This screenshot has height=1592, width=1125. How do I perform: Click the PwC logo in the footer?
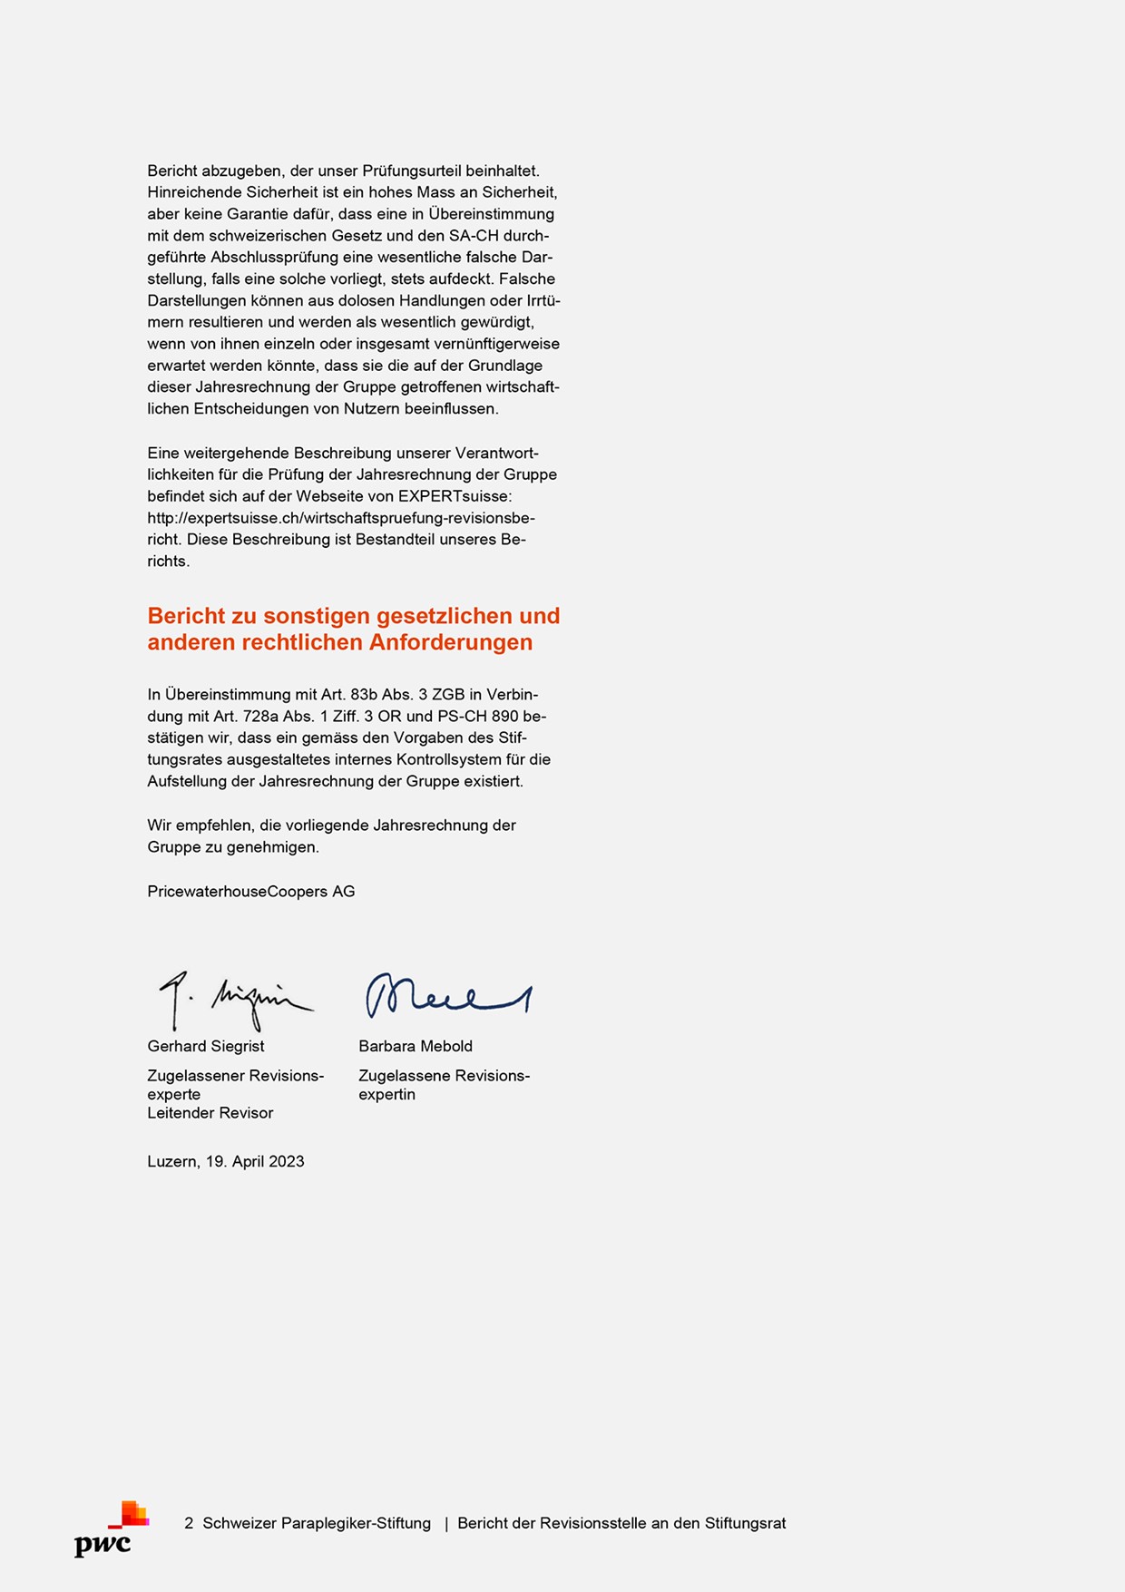(111, 1529)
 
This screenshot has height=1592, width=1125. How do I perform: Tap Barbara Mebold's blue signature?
(447, 996)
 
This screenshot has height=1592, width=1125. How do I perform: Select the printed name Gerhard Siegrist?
(206, 1046)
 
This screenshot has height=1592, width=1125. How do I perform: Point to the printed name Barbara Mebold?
(416, 1046)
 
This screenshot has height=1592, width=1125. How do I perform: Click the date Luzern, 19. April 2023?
(226, 1161)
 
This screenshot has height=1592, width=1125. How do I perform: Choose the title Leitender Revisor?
(210, 1113)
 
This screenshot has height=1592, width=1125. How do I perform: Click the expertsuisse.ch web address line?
(341, 518)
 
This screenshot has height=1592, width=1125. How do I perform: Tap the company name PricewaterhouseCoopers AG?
(251, 892)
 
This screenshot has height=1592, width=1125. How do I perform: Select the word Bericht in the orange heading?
(186, 616)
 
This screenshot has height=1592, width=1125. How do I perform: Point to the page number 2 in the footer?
(189, 1524)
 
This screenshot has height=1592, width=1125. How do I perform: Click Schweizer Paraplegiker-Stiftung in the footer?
(317, 1524)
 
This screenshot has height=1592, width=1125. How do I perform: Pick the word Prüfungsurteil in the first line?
(412, 171)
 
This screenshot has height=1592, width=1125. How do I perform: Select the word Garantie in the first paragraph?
(250, 214)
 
